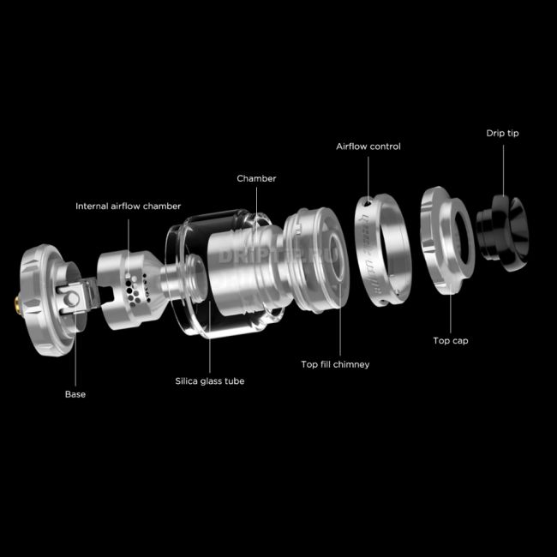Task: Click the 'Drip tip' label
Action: click(502, 133)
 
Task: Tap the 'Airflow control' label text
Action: click(368, 147)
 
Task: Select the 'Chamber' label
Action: click(256, 178)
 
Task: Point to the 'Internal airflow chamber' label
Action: click(128, 206)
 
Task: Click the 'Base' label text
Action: click(75, 394)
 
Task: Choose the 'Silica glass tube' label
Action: click(210, 380)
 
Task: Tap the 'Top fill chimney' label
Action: click(335, 364)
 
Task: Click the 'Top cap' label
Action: click(450, 340)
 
